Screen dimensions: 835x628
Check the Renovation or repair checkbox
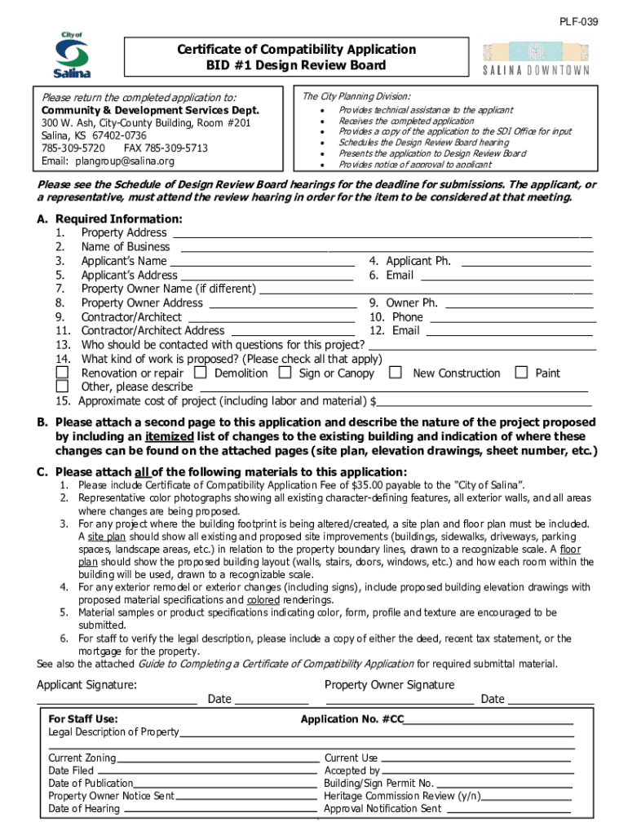pyautogui.click(x=62, y=373)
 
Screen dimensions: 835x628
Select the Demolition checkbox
pyautogui.click(x=199, y=373)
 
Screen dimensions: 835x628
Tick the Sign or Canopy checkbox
pyautogui.click(x=285, y=373)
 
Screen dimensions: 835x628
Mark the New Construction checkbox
pyautogui.click(x=396, y=373)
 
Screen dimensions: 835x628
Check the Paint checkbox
pyautogui.click(x=521, y=373)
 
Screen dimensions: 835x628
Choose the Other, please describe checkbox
pyautogui.click(x=62, y=387)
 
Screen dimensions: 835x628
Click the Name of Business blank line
pyautogui.click(x=385, y=249)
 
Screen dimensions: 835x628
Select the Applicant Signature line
pyautogui.click(x=117, y=700)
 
